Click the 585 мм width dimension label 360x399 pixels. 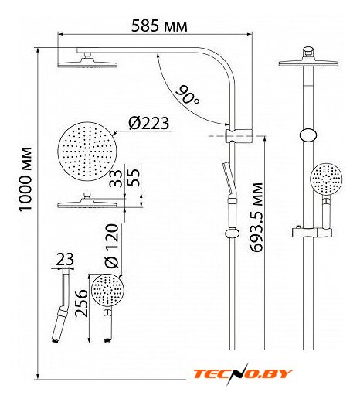[x=159, y=26]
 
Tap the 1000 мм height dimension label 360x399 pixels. [x=25, y=179]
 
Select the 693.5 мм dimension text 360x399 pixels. [x=256, y=217]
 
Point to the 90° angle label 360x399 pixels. [x=188, y=94]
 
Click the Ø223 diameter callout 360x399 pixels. [x=149, y=123]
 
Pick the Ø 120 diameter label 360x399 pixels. [x=111, y=246]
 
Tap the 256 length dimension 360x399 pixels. [x=81, y=303]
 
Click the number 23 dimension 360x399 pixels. [x=65, y=259]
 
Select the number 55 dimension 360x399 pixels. [x=134, y=178]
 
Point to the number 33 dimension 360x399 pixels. [x=116, y=178]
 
